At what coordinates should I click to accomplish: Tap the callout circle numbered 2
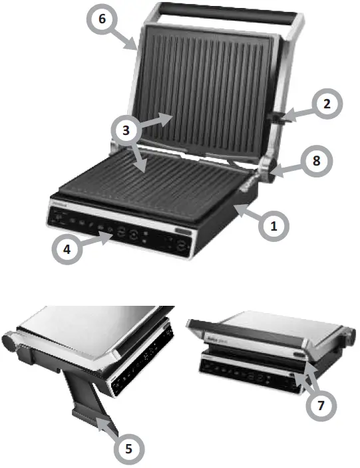(326, 104)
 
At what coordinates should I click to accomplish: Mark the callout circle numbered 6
(101, 19)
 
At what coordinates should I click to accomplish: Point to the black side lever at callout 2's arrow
(274, 118)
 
